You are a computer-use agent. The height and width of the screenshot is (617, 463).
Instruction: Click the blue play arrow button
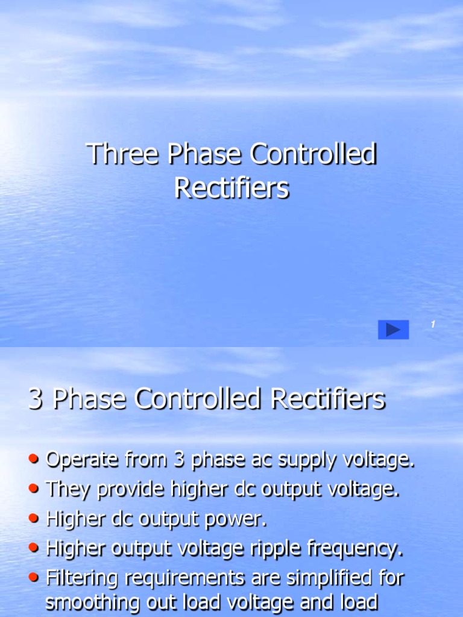[393, 330]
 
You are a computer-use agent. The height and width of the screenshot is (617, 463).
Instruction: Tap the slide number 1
[432, 325]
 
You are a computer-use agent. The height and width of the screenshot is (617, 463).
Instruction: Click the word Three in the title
[124, 155]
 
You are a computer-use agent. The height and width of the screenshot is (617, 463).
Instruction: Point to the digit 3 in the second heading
[36, 399]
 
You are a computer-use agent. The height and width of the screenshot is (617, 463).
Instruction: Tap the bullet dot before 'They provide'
[36, 489]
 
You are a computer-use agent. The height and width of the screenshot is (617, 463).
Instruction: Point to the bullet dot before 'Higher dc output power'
[36, 519]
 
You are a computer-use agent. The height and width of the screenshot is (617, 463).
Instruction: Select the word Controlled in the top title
[313, 155]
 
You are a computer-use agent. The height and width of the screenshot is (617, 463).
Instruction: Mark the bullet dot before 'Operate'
[36, 460]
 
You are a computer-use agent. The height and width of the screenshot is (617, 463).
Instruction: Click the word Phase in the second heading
[90, 399]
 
